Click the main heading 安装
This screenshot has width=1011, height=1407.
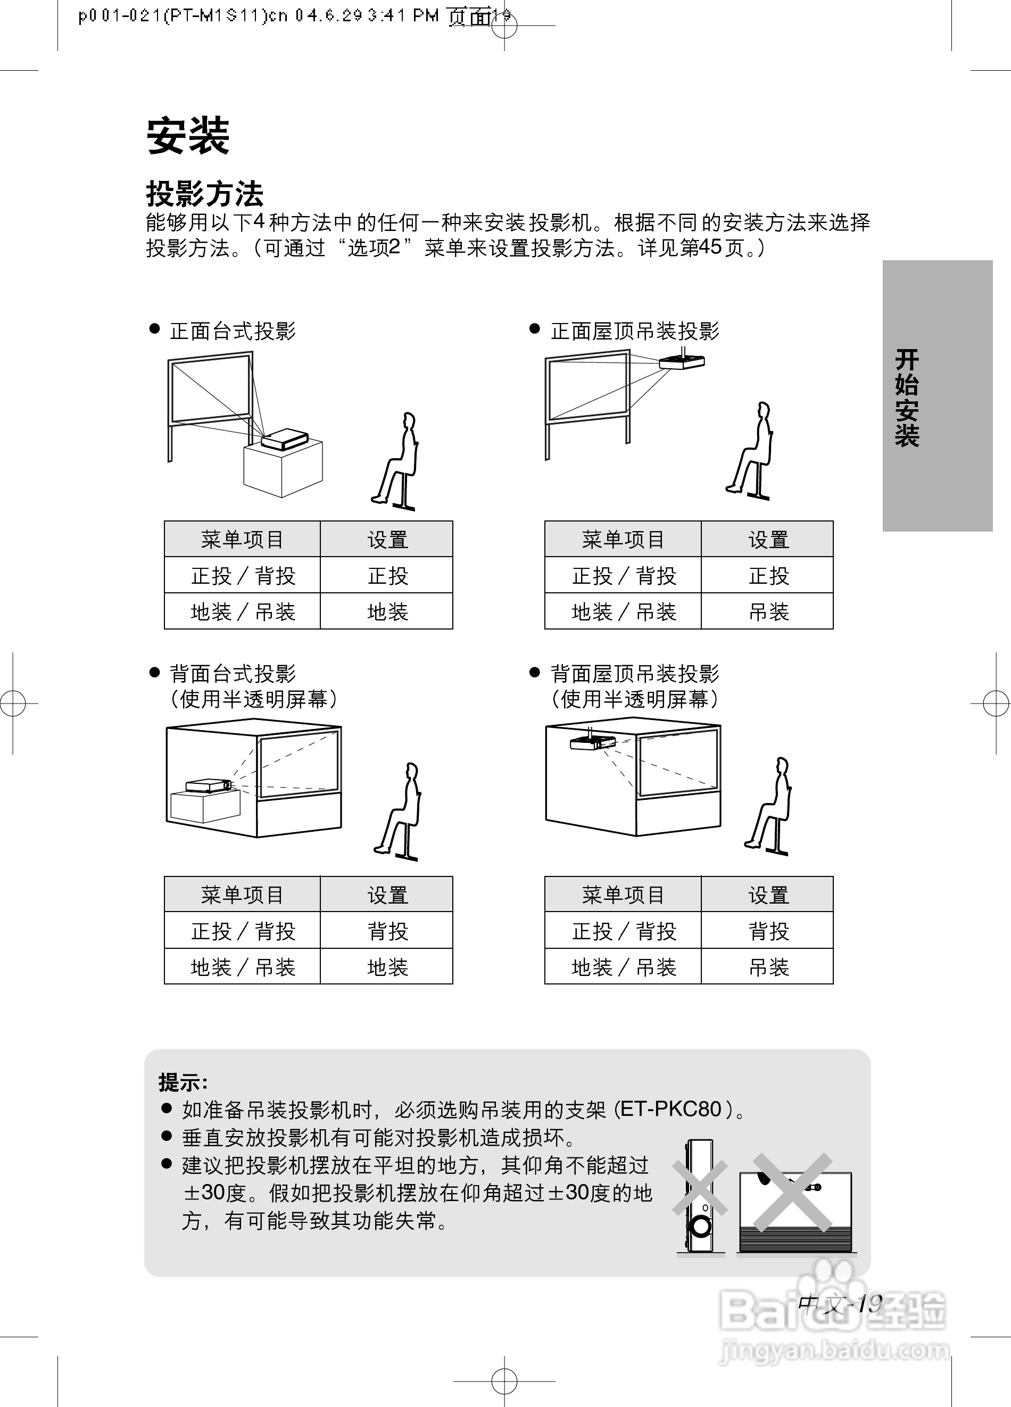point(188,136)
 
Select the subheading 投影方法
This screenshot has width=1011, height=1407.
point(205,194)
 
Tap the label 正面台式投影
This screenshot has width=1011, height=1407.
point(233,332)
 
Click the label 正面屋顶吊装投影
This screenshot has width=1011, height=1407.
point(634,332)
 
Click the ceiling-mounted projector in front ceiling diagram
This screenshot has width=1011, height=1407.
point(681,362)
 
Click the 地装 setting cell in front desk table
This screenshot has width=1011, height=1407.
point(387,611)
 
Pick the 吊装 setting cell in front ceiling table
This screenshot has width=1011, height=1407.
point(768,611)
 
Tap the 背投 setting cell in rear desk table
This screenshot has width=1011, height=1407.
point(387,931)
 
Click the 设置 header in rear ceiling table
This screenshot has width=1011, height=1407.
point(768,895)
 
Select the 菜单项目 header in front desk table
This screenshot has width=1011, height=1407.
point(242,539)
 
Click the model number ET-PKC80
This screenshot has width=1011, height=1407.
point(671,1109)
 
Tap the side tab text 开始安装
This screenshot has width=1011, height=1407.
point(906,397)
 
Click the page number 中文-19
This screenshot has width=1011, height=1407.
point(840,1303)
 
